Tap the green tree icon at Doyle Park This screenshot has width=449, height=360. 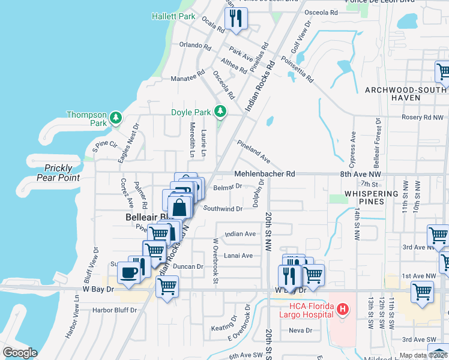(x=221, y=111)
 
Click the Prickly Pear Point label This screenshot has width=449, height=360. (x=58, y=173)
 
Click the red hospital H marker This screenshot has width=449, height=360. (x=342, y=310)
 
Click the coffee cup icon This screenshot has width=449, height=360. (x=128, y=272)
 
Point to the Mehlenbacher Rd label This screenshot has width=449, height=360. (x=265, y=174)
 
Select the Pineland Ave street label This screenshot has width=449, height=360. (x=253, y=152)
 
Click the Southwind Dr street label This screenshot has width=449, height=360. (x=223, y=209)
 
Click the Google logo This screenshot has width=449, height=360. (x=20, y=352)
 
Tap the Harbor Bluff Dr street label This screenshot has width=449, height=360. (x=115, y=310)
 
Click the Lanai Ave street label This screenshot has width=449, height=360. (x=238, y=256)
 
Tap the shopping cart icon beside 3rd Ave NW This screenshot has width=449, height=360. (x=438, y=236)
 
